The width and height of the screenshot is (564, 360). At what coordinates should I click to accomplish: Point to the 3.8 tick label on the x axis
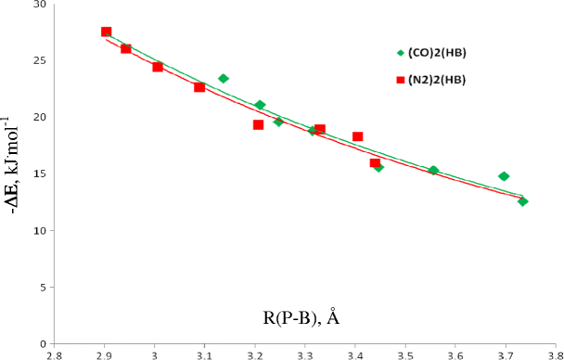tap(554, 354)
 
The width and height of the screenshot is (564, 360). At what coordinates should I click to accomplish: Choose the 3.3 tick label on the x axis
tap(305, 354)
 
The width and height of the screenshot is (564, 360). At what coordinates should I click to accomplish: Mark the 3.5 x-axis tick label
tap(405, 354)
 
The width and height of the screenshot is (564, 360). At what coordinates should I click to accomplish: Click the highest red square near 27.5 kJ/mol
tap(107, 32)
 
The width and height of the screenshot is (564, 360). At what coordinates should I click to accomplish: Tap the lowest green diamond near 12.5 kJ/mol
tap(523, 201)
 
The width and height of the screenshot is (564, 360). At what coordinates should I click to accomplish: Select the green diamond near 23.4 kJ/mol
tap(224, 79)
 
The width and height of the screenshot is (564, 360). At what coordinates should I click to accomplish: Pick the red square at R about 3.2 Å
tap(258, 124)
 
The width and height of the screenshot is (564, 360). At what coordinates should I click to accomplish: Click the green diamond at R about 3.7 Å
tap(504, 176)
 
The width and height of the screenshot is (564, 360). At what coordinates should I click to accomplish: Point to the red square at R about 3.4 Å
tap(357, 136)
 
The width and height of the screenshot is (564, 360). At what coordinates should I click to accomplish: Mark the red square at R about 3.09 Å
tap(199, 87)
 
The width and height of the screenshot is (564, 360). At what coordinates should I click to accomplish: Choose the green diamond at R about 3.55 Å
tap(433, 171)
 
